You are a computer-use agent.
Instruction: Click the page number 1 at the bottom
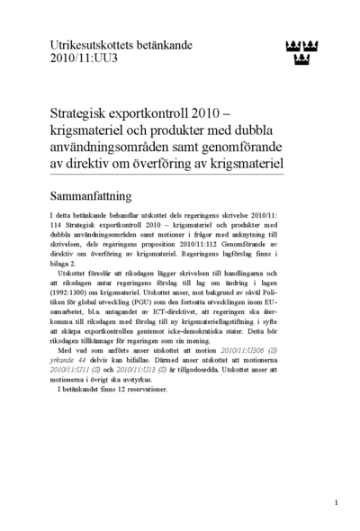(x=336, y=501)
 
